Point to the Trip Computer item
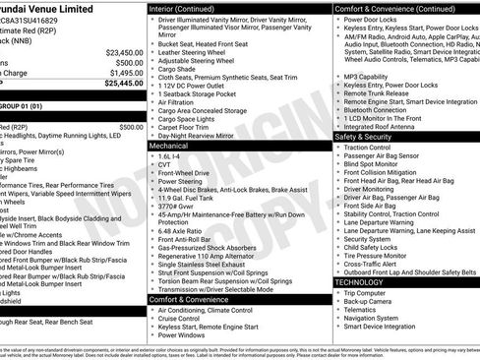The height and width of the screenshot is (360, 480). (x=366, y=293)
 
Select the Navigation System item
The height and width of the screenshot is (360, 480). (x=372, y=318)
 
